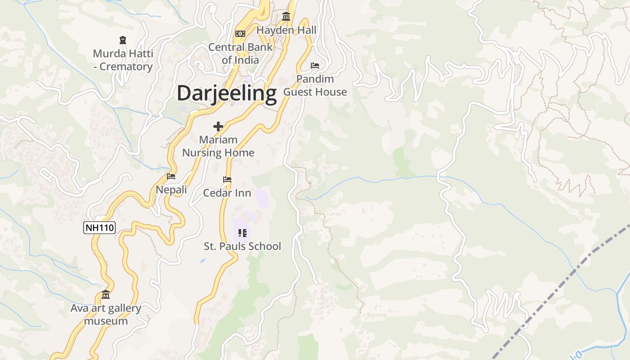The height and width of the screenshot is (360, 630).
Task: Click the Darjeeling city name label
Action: click(226, 93)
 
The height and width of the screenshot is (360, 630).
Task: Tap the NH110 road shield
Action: click(99, 228)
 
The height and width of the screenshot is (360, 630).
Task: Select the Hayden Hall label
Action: click(287, 30)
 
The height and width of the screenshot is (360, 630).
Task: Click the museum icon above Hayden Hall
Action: click(286, 17)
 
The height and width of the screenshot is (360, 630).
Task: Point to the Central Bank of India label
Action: click(240, 53)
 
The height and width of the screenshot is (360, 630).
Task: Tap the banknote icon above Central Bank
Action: click(240, 34)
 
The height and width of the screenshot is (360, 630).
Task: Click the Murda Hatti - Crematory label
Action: click(123, 60)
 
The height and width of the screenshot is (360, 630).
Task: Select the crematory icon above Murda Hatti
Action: click(123, 40)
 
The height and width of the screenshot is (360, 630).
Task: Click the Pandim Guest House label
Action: click(315, 85)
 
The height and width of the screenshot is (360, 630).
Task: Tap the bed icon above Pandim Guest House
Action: click(315, 66)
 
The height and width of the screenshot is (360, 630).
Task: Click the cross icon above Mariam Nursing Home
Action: click(218, 126)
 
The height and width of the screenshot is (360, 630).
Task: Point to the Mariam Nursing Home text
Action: click(218, 146)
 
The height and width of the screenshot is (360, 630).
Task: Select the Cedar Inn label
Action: click(227, 193)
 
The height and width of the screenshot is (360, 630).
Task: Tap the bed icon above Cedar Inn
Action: click(227, 180)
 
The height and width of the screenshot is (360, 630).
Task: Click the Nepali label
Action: click(171, 190)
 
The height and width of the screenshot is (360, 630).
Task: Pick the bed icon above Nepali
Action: click(171, 176)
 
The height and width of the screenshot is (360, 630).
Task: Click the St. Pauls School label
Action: click(243, 246)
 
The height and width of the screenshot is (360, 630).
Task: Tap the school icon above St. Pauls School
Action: click(243, 233)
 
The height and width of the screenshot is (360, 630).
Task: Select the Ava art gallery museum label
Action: click(106, 315)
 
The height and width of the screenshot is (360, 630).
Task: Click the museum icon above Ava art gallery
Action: click(106, 295)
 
